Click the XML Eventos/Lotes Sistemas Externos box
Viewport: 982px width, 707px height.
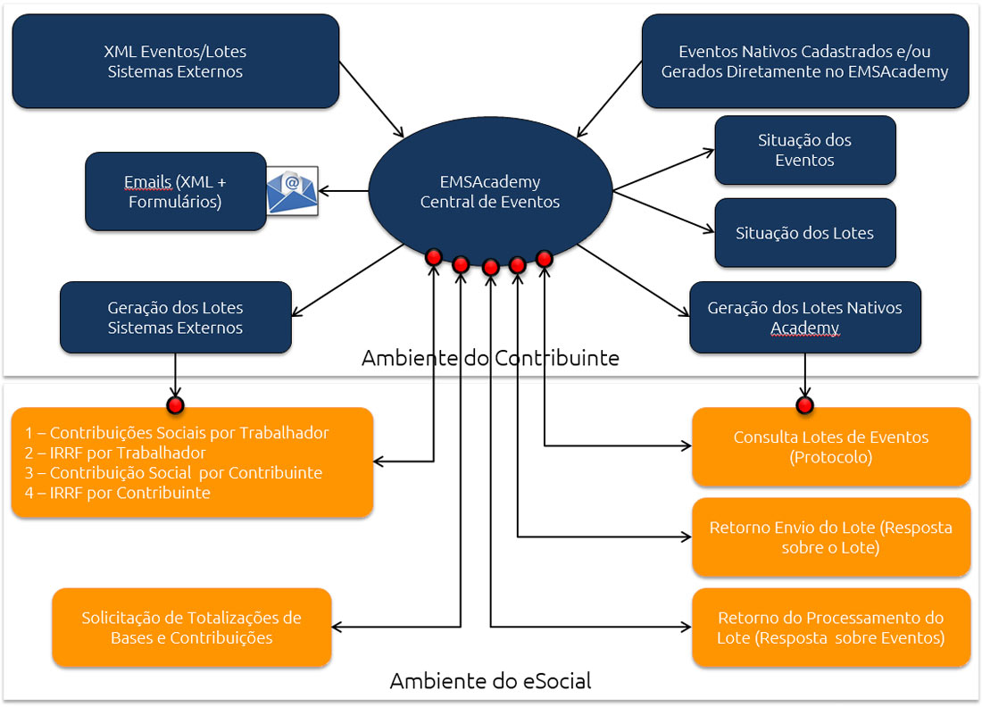coord(175,62)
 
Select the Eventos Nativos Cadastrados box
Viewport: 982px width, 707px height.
coord(804,62)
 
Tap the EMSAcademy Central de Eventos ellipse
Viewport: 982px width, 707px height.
coord(490,192)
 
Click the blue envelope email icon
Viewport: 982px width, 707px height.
coord(293,191)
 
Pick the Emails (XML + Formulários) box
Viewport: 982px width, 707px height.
coord(175,192)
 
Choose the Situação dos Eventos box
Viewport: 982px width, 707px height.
coord(804,150)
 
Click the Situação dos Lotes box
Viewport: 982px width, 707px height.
coord(804,233)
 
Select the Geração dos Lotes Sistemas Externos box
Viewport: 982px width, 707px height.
coord(175,318)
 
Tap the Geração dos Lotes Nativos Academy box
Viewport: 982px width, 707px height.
coord(804,318)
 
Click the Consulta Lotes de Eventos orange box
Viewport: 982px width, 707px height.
coord(830,446)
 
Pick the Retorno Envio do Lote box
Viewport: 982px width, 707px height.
coord(830,537)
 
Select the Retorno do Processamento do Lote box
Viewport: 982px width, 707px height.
coord(830,628)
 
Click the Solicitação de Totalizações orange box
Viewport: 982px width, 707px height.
coord(191,628)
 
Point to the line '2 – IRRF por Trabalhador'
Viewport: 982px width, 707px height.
coord(115,453)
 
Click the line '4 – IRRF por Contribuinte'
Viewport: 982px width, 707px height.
coord(117,492)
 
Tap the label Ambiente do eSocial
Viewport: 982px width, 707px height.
coord(490,682)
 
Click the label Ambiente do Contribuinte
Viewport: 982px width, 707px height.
coord(490,359)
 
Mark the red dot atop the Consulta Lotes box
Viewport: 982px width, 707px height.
coord(805,406)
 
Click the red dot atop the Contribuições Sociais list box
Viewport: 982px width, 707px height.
coord(175,406)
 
